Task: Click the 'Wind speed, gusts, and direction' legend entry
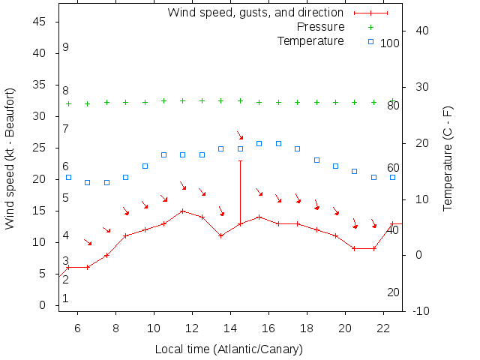(x=255, y=13)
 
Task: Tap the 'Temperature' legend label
(x=310, y=40)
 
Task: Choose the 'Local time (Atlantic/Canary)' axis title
(x=229, y=349)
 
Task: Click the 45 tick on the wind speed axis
(x=40, y=22)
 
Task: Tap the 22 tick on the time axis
(x=383, y=327)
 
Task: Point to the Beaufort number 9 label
(x=66, y=47)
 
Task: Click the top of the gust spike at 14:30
(x=240, y=160)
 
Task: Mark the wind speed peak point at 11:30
(x=183, y=211)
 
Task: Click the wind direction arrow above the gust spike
(x=240, y=136)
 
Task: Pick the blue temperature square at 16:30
(x=278, y=143)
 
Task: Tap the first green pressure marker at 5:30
(x=69, y=104)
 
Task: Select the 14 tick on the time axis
(x=230, y=327)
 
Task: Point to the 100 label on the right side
(x=390, y=43)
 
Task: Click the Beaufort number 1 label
(x=66, y=298)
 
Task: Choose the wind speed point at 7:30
(x=107, y=255)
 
